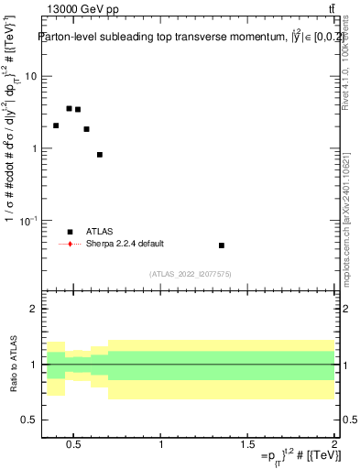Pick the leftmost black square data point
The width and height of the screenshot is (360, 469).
[56, 125]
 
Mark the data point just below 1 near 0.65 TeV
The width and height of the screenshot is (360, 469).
[99, 155]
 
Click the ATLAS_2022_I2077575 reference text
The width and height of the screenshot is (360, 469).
[190, 273]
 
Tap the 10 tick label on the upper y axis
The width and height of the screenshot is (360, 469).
[31, 76]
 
